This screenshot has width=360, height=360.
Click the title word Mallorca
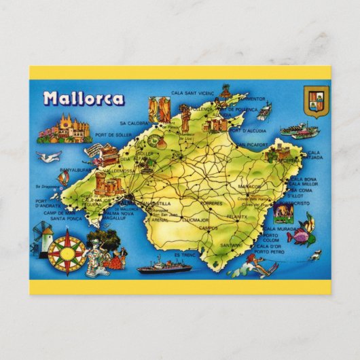(x=84, y=98)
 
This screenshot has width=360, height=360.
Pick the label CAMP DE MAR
(x=52, y=213)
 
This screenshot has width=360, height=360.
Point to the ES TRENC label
(x=183, y=254)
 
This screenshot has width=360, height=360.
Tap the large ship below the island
(x=165, y=266)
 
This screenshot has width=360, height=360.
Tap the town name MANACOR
(x=249, y=186)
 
